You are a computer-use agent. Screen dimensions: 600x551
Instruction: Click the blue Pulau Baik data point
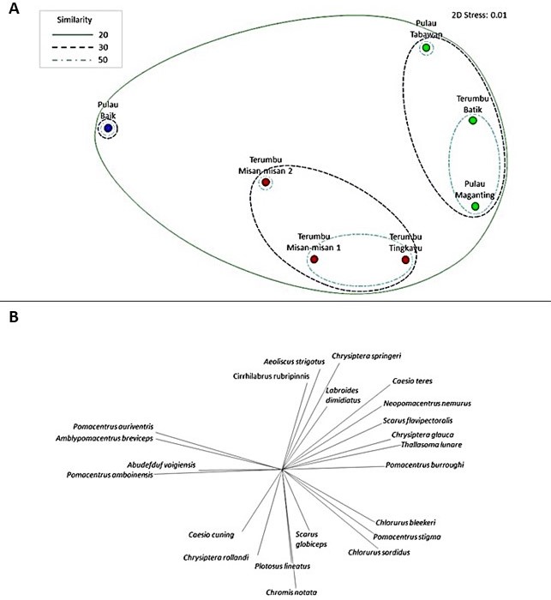[x=108, y=129]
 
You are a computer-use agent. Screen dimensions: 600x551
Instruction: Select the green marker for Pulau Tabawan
[x=426, y=48]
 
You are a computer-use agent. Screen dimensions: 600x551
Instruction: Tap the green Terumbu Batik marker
[x=472, y=121]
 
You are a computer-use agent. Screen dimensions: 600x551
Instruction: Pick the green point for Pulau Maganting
[x=475, y=206]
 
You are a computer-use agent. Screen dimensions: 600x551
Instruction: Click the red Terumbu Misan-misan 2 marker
[x=266, y=183]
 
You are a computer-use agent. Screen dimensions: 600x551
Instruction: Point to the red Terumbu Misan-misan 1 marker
[x=314, y=259]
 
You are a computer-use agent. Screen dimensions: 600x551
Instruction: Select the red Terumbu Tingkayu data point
[x=405, y=259]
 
